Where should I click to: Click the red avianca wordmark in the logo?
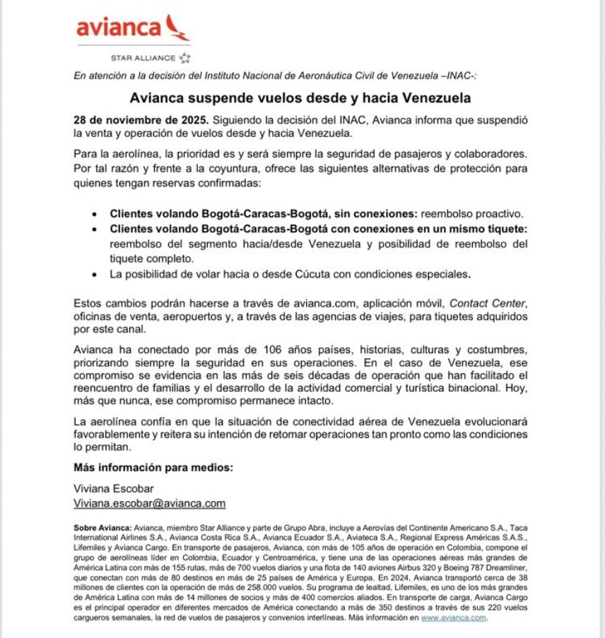[x=119, y=29]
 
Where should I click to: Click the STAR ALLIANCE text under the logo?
[x=142, y=58]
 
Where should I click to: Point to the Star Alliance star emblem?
[x=185, y=57]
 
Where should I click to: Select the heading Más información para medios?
[x=153, y=468]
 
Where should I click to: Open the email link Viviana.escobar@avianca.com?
[x=150, y=504]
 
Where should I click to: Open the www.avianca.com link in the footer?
[x=453, y=617]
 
